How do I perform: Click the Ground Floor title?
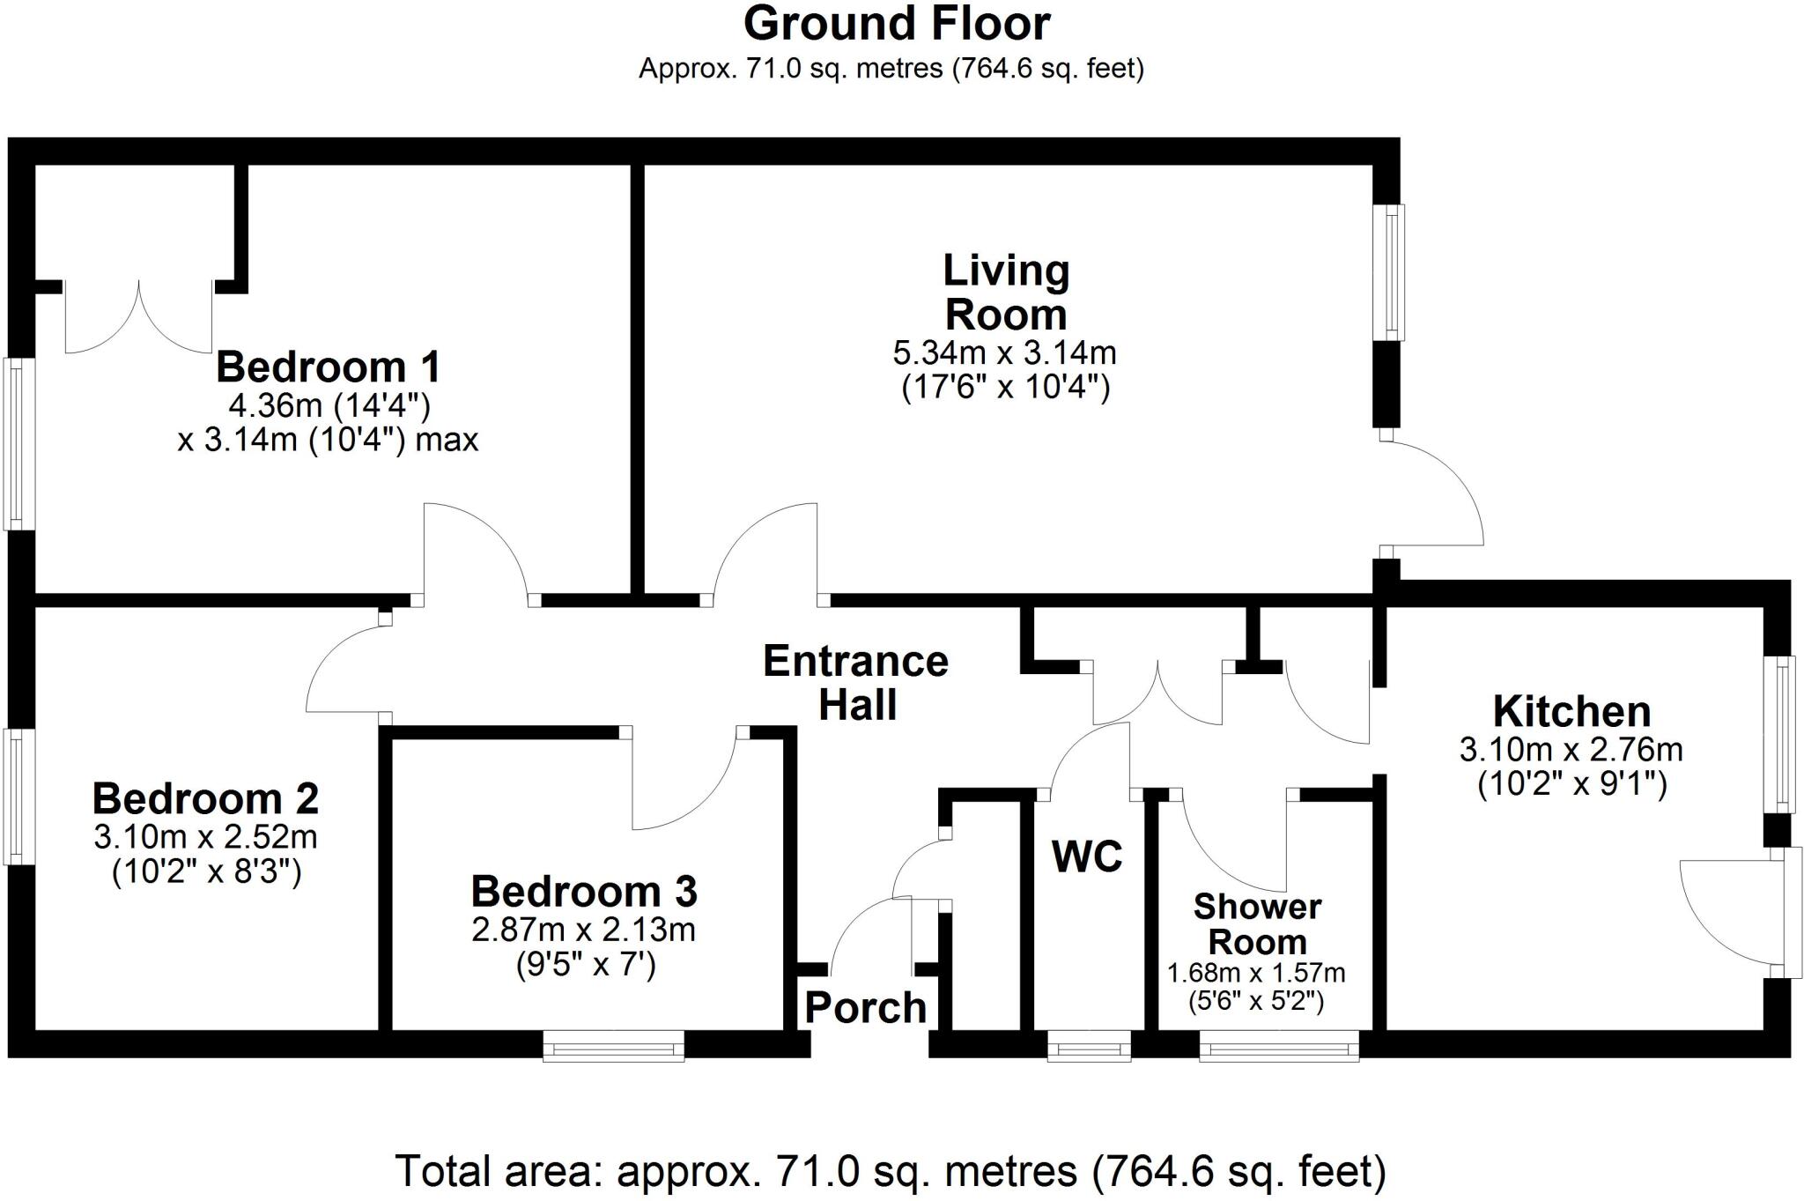(897, 24)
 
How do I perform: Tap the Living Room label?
(1006, 292)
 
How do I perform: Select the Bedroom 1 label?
(328, 367)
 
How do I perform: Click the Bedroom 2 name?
(205, 798)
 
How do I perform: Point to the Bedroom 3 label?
(584, 891)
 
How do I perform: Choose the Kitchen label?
(1571, 711)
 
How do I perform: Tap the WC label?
(1087, 856)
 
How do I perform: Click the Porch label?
(866, 1007)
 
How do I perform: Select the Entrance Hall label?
(856, 683)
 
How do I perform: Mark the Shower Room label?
(1257, 923)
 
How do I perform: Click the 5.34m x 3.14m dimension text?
(1005, 352)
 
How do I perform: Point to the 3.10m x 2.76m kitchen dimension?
(1571, 749)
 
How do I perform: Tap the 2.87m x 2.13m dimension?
(584, 930)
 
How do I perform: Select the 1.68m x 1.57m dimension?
(1256, 973)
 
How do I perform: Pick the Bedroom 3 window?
(614, 1047)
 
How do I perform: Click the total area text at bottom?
(891, 1171)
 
